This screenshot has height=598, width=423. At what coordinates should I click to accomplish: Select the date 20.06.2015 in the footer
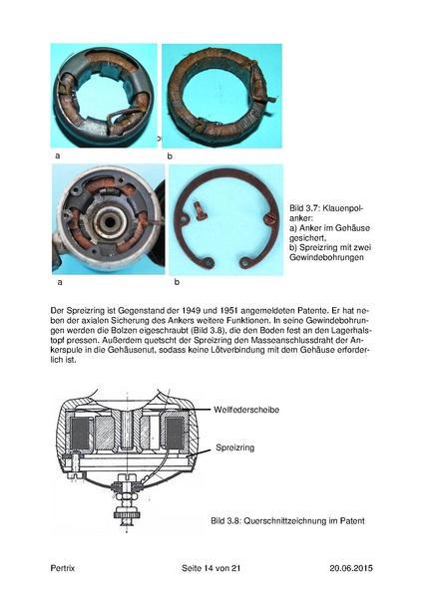coord(351,568)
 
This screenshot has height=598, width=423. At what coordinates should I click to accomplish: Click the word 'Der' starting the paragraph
coord(57,311)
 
